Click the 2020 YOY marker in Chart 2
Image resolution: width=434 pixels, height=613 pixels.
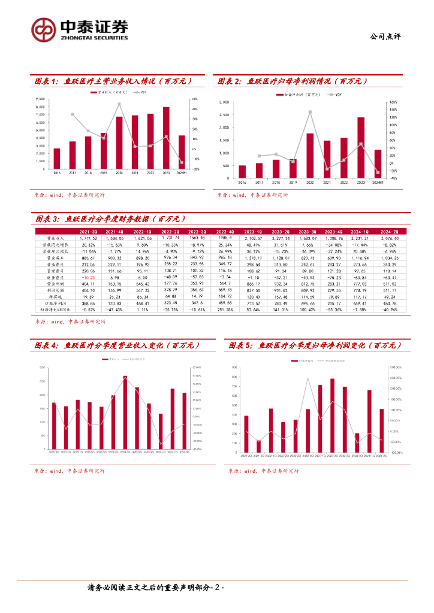(310, 112)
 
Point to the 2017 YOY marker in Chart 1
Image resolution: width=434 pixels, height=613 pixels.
(73, 114)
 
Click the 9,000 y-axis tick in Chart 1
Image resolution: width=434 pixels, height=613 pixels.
(40, 99)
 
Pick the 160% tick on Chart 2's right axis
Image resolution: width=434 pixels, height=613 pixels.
(393, 102)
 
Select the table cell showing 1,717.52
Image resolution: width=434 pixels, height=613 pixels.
(88, 238)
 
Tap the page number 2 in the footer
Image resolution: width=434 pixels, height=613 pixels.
(219, 588)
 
